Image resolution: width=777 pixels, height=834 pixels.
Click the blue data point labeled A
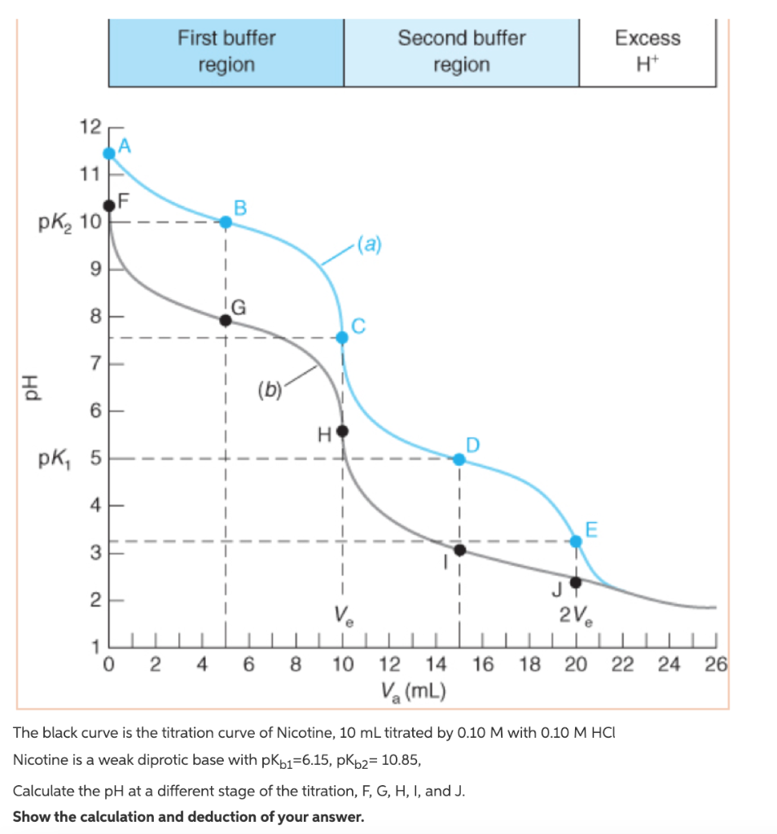click(x=110, y=153)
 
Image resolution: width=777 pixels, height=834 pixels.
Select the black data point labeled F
click(x=110, y=205)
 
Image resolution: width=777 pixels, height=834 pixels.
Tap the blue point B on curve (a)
click(x=226, y=222)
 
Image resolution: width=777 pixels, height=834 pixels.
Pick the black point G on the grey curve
click(x=226, y=320)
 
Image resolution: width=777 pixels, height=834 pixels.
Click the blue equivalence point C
click(x=342, y=337)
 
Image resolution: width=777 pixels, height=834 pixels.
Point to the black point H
click(x=342, y=431)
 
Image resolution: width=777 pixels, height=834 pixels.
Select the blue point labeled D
click(x=459, y=459)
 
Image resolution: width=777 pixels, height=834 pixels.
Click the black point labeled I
click(x=459, y=551)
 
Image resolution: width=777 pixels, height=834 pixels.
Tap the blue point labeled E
click(x=576, y=541)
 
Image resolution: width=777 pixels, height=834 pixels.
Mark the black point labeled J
click(x=576, y=582)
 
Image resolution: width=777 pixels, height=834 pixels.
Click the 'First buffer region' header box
click(x=226, y=51)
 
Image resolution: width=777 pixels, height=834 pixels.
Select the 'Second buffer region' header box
click(x=461, y=51)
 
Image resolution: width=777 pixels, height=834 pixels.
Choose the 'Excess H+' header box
click(x=647, y=51)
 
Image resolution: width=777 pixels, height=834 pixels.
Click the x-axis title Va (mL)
click(x=411, y=692)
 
